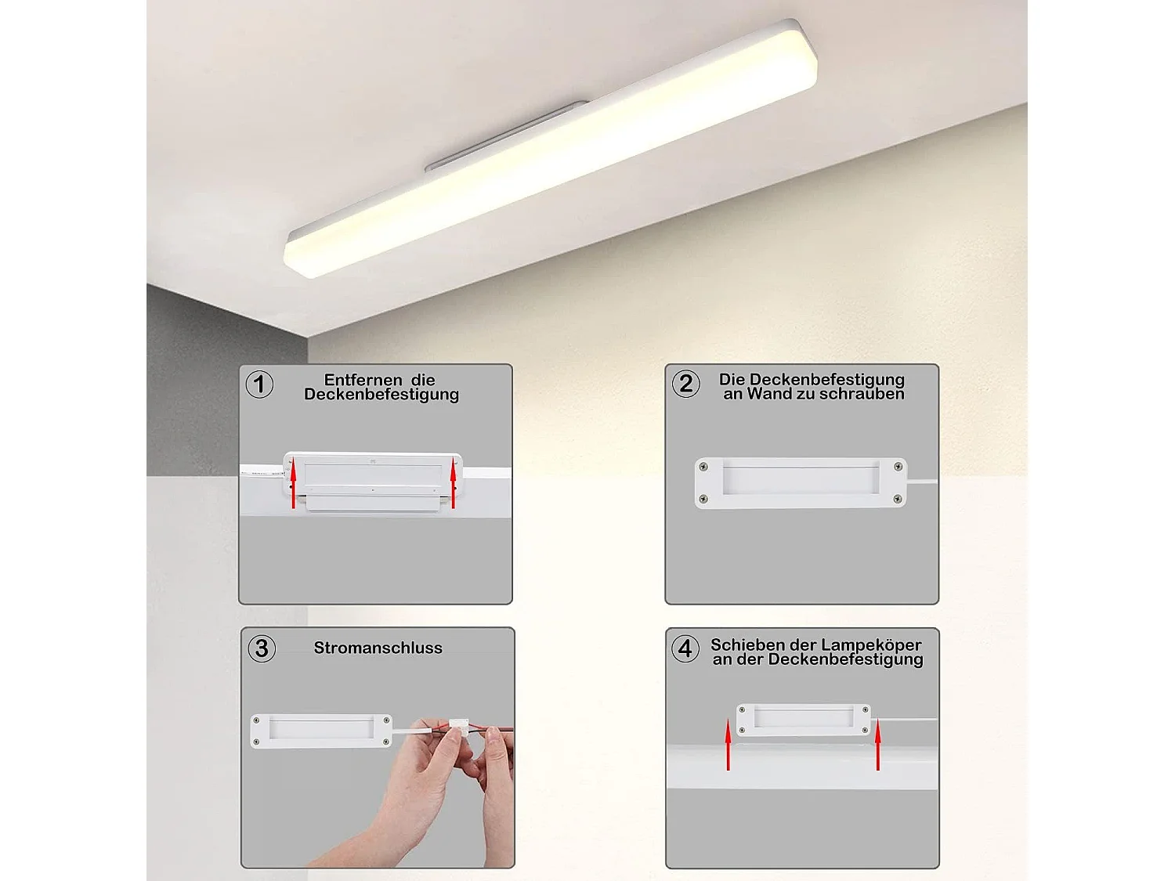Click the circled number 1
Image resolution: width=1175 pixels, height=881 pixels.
[259, 385]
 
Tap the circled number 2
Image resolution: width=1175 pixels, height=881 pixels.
[685, 384]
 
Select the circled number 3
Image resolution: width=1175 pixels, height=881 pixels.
[262, 648]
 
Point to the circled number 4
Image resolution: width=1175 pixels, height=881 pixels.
[685, 648]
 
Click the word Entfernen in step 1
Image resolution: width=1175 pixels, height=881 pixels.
[363, 380]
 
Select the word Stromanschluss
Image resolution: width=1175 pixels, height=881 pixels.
[378, 648]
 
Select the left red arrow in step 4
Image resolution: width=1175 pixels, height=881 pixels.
[728, 746]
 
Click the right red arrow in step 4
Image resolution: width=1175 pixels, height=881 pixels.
[878, 746]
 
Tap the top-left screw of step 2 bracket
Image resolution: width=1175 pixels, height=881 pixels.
[703, 468]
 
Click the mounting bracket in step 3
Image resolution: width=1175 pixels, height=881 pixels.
[321, 730]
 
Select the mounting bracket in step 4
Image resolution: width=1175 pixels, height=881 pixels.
[804, 720]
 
